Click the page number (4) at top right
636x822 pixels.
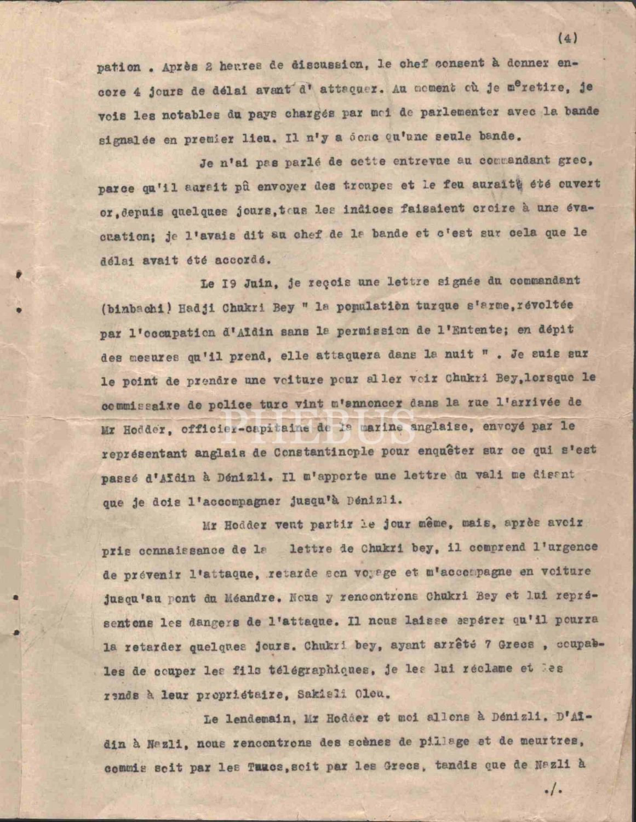568,38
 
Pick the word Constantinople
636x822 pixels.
324,453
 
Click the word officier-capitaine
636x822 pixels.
244,429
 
